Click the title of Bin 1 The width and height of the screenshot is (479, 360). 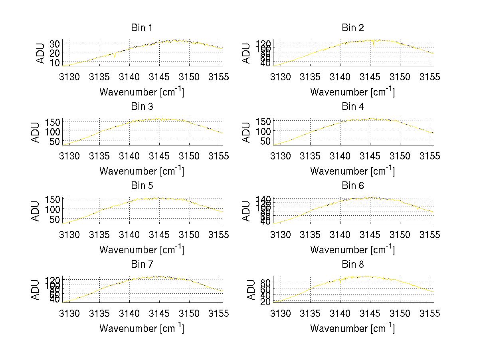coord(141,28)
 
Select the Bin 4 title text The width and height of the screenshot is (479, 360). coord(353,107)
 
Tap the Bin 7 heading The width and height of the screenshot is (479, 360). coord(141,265)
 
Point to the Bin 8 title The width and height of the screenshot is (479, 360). coord(353,265)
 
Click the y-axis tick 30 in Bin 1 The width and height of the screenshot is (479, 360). coord(55,43)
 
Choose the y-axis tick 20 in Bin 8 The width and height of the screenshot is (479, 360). coord(265,302)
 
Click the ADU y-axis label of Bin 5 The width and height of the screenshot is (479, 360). coord(36,211)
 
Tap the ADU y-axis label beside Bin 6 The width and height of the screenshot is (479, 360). coord(247,211)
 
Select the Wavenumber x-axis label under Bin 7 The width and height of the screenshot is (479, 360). coord(141,328)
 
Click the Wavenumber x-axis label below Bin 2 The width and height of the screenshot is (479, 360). coord(352,91)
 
